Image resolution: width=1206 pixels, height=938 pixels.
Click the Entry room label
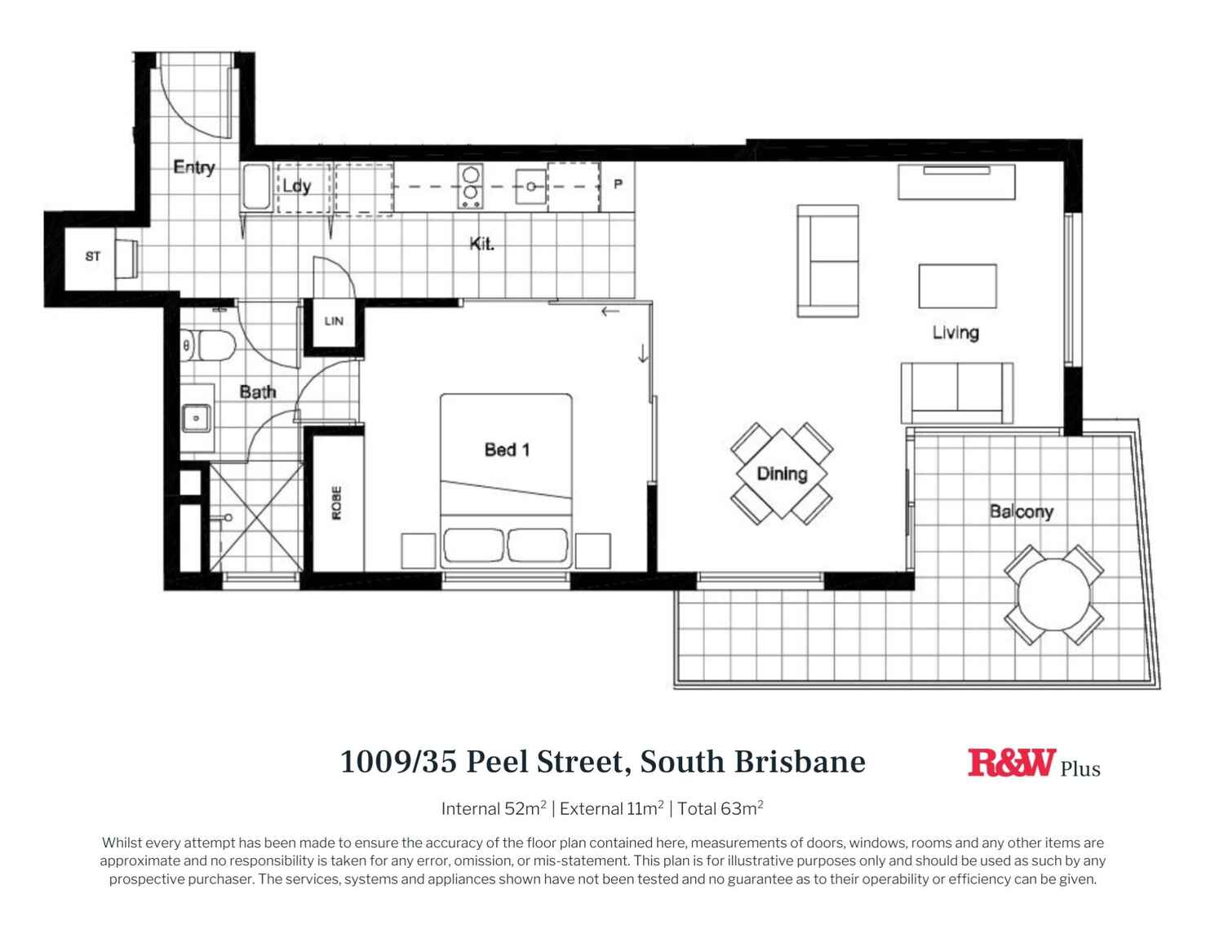click(x=194, y=167)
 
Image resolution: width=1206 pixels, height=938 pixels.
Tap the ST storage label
click(x=93, y=256)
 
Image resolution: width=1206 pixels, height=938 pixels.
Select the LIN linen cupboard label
click(x=334, y=321)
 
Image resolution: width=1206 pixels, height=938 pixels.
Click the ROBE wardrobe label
click(x=336, y=502)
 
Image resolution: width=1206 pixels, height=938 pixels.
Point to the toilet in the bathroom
click(x=209, y=346)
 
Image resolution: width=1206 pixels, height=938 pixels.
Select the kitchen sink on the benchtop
click(x=530, y=186)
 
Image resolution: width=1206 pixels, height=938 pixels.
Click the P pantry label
click(x=618, y=184)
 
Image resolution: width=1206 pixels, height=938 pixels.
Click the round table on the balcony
click(x=1053, y=594)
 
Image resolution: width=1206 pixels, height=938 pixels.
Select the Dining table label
click(x=782, y=474)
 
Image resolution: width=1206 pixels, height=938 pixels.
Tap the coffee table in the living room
click(x=957, y=285)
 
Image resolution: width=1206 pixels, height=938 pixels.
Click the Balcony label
click(x=1021, y=512)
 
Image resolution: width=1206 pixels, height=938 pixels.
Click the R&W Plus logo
click(x=1033, y=764)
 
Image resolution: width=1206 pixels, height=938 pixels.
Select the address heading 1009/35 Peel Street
click(x=602, y=762)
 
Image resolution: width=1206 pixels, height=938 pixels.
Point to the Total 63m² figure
click(x=720, y=808)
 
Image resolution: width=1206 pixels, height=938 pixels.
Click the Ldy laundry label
click(x=297, y=186)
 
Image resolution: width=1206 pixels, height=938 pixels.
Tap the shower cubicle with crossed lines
click(x=256, y=517)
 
